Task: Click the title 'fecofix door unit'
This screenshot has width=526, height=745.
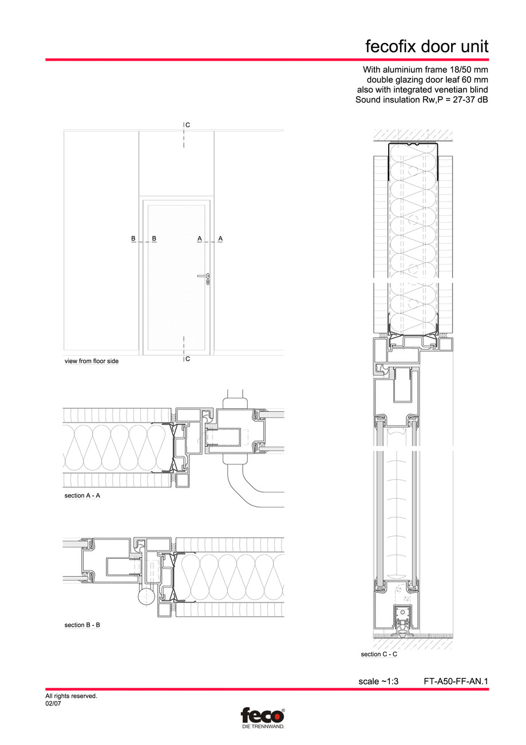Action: (x=427, y=46)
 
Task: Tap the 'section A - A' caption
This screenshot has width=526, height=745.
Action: (x=82, y=495)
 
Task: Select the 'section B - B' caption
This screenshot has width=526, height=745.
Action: (x=82, y=625)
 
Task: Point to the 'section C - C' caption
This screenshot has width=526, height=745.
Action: (x=379, y=654)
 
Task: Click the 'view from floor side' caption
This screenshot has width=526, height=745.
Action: (x=92, y=361)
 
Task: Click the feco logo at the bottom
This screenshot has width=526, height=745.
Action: (x=262, y=717)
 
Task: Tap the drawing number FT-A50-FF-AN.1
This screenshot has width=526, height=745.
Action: (x=456, y=681)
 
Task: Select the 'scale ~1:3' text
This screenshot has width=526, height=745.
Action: (x=378, y=681)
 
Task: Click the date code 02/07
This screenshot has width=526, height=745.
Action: (x=53, y=704)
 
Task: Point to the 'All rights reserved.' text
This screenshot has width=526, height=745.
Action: (x=71, y=696)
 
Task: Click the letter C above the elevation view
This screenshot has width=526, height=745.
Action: (x=188, y=124)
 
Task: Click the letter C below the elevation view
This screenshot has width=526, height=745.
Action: (x=188, y=359)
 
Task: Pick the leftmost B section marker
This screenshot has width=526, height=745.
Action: (x=133, y=238)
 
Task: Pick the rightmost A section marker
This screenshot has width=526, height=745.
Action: (x=220, y=238)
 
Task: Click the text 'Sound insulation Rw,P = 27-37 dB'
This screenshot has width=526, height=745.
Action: (x=422, y=100)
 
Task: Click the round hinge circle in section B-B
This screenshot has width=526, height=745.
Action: (x=145, y=598)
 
